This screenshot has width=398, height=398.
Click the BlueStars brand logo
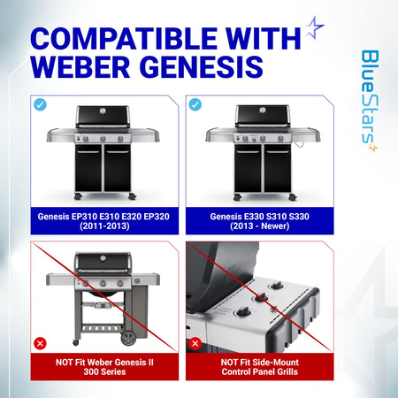(370, 101)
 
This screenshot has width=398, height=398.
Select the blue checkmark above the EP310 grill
(40, 104)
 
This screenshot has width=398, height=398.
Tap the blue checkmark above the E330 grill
(195, 104)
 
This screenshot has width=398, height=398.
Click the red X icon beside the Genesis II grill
(40, 343)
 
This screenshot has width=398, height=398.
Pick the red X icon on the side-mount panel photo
(195, 343)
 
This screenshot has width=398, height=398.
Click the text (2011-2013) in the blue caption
(104, 226)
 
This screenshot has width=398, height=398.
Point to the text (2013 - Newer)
(260, 226)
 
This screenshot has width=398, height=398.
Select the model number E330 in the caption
(254, 217)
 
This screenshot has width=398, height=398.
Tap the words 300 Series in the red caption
(104, 371)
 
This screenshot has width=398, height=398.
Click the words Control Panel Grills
(260, 371)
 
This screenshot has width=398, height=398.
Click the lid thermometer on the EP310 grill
(103, 111)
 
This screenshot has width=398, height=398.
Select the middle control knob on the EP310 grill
(103, 138)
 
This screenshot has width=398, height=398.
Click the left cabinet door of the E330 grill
(248, 168)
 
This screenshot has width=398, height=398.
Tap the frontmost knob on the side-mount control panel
(244, 310)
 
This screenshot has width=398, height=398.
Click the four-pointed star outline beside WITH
(314, 27)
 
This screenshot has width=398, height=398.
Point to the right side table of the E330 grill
(306, 134)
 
